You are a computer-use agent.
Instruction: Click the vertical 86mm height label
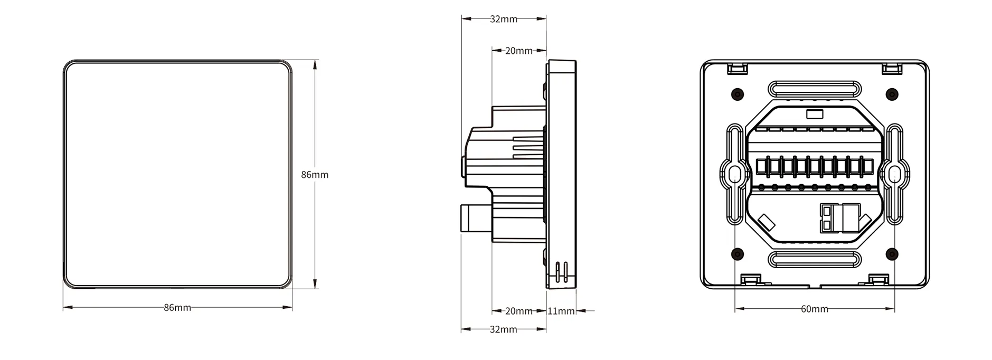315,175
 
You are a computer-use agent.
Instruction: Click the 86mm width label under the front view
177,308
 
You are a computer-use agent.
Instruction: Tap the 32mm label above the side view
504,19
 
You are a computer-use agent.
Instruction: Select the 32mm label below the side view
504,329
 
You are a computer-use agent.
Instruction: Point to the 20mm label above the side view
519,51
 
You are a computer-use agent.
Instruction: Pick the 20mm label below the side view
519,311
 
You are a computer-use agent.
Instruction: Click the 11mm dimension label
561,311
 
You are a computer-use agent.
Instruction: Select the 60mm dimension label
815,309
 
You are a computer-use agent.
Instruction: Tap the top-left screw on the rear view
738,94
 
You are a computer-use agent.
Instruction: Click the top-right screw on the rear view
892,94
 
